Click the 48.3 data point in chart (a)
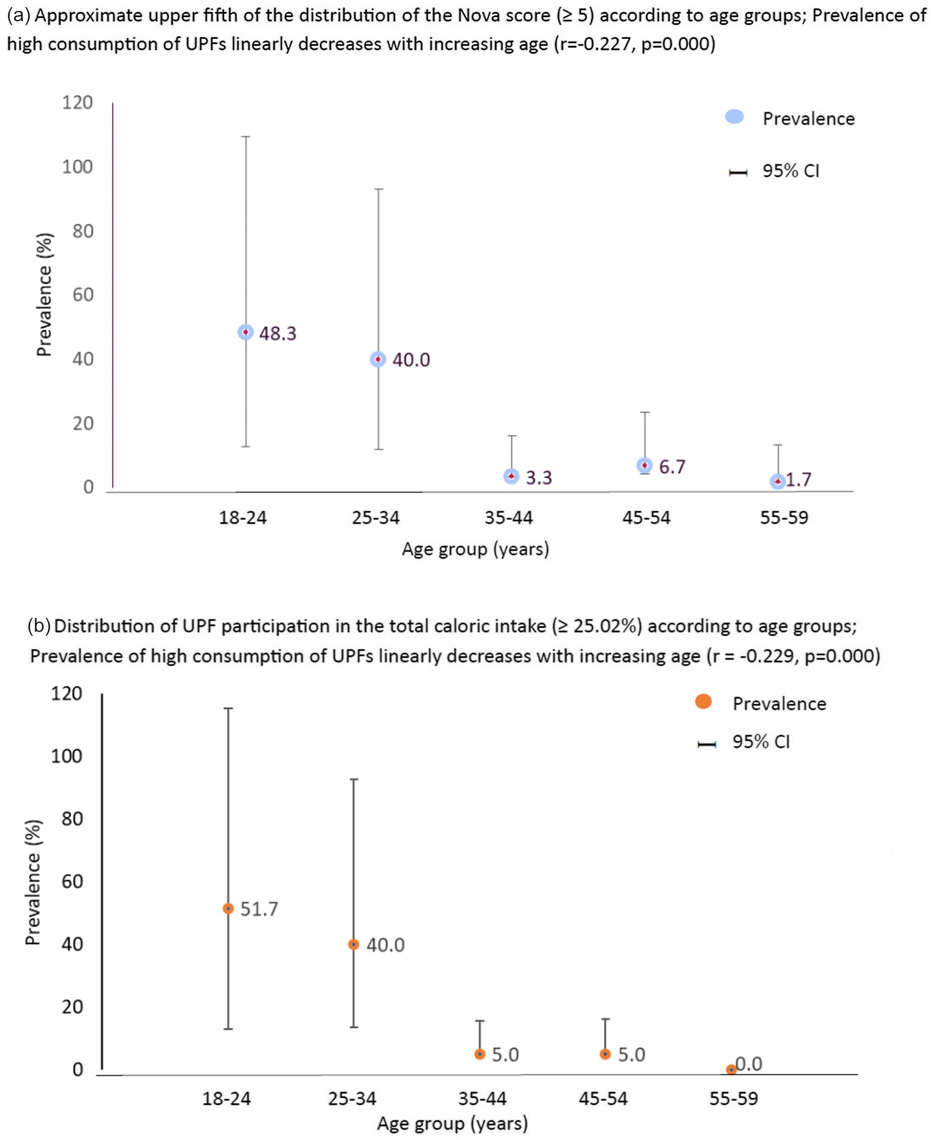245,332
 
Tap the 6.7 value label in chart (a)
672,467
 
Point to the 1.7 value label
799,479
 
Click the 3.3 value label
538,478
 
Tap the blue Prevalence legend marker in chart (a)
734,117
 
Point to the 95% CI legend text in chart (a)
791,171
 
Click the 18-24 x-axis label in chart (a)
243,518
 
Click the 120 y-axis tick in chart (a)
77,103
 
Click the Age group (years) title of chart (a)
476,549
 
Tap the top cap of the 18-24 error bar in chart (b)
228,709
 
